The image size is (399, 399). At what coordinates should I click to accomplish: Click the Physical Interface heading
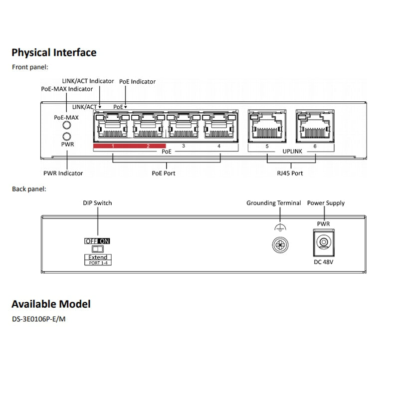[x=54, y=52]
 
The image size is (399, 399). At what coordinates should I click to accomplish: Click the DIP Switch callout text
[x=97, y=203]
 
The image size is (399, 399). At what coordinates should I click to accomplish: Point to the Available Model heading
[x=51, y=304]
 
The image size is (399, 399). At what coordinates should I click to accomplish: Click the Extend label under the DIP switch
[x=98, y=257]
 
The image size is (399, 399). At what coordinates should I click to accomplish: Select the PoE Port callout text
[x=164, y=173]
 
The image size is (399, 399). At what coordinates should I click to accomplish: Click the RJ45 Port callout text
[x=290, y=173]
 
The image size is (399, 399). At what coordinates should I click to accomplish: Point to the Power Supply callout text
[x=326, y=203]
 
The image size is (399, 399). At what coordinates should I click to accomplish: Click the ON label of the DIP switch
[x=104, y=241]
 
